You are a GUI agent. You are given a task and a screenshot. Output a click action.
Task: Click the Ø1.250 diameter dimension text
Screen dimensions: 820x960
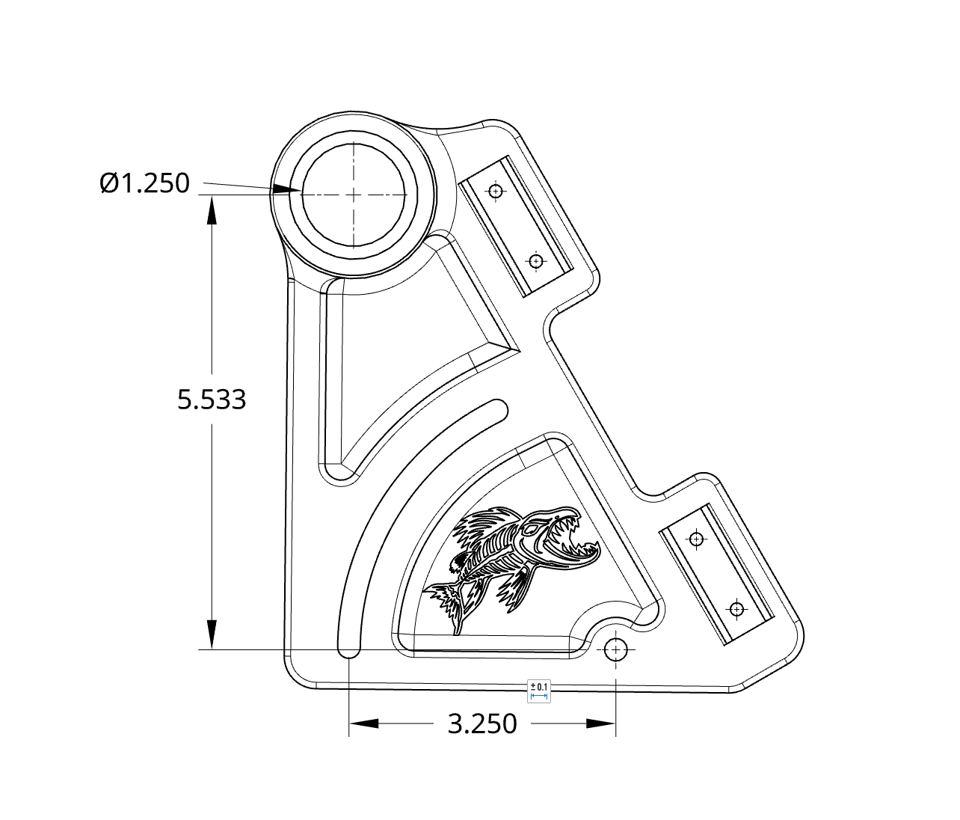click(x=145, y=183)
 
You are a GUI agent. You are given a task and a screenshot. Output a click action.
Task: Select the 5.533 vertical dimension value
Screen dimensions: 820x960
click(x=212, y=400)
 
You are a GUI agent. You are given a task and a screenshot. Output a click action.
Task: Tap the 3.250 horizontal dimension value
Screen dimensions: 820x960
click(x=482, y=724)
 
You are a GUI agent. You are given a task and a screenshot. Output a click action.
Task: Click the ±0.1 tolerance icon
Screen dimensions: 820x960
click(x=538, y=691)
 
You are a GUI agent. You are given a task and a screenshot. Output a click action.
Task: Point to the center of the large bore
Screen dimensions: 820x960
click(x=353, y=194)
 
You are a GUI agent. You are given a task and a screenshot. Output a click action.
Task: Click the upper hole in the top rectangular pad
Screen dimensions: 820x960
click(x=494, y=192)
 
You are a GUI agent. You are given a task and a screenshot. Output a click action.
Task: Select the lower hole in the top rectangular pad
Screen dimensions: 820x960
click(x=535, y=261)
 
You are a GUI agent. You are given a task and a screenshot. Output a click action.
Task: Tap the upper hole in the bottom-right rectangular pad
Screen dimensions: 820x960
click(x=696, y=539)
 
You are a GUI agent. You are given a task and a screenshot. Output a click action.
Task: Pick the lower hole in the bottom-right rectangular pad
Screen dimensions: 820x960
click(x=736, y=609)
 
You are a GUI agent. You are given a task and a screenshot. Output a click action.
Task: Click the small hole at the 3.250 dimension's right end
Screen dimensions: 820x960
click(x=616, y=649)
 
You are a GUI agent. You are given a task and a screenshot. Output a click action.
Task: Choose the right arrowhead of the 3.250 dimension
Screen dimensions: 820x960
click(x=601, y=723)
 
